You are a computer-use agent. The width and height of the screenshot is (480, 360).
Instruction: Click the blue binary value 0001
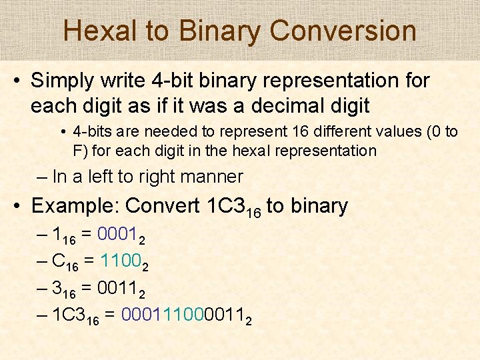pyautogui.click(x=118, y=235)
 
